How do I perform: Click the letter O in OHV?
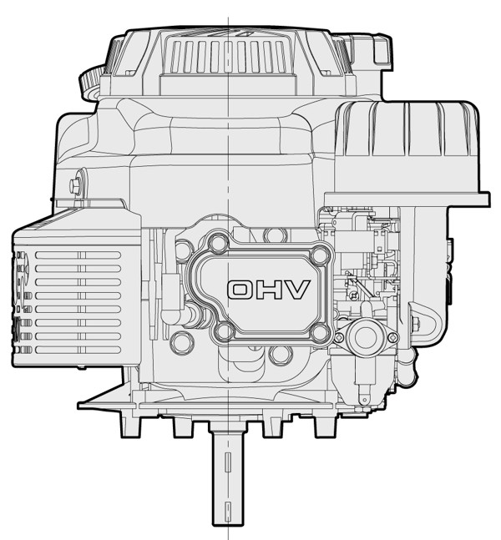[240, 290]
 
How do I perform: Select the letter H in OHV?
[268, 290]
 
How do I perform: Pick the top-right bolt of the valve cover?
[321, 255]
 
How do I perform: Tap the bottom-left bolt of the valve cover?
[225, 331]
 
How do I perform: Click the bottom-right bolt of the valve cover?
[320, 332]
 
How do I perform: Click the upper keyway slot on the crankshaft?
[227, 462]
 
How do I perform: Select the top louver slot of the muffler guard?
[78, 255]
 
